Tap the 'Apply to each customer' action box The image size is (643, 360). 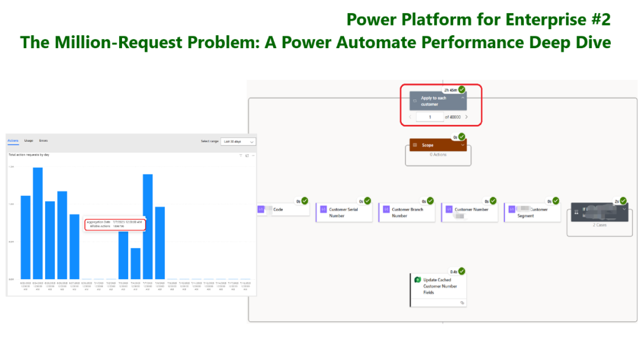click(438, 101)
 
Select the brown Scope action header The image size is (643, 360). click(438, 145)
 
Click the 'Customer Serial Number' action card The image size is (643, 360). click(344, 212)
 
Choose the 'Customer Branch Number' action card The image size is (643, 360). click(407, 212)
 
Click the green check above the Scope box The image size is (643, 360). click(462, 137)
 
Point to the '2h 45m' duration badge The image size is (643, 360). click(450, 90)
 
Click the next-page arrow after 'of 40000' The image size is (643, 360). click(466, 117)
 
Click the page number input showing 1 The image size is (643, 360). click(429, 117)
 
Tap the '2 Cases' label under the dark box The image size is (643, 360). click(599, 226)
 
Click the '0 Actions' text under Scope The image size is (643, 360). click(438, 155)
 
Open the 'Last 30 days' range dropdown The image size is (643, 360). click(238, 142)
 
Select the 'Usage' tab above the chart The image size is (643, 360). click(29, 141)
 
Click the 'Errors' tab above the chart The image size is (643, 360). click(43, 141)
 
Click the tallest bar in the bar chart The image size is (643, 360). click(38, 223)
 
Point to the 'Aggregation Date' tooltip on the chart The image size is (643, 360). click(116, 224)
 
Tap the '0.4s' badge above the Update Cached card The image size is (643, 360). click(454, 271)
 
